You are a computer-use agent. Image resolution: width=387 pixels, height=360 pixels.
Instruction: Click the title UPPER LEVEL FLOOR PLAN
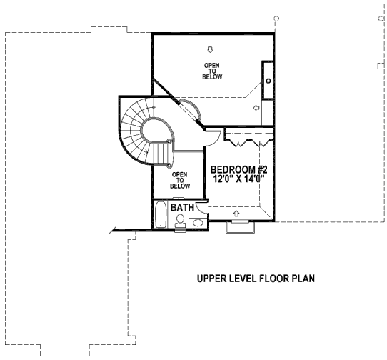pos(256,279)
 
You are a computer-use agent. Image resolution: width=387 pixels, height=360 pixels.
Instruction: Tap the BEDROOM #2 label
pos(239,169)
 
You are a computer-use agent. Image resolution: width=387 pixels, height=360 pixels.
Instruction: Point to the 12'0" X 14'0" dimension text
pos(239,179)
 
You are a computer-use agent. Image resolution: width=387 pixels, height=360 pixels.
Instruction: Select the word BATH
pos(182,208)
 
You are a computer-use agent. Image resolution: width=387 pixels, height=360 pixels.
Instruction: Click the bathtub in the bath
pos(161,214)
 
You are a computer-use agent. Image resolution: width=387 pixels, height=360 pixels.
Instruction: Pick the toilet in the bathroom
pos(180,221)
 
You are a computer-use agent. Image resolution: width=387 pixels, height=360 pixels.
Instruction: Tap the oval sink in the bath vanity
pos(198,223)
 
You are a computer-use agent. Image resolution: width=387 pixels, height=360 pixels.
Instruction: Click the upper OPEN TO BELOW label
pos(212,71)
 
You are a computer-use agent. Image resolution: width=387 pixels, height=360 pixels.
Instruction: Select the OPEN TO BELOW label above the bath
pos(180,181)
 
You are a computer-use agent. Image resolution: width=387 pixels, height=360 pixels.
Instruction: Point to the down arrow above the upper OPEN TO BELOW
pos(210,49)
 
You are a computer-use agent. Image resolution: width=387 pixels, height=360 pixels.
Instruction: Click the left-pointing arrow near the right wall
pos(256,108)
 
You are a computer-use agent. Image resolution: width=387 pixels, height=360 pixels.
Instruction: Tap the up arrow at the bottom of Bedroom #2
pos(236,214)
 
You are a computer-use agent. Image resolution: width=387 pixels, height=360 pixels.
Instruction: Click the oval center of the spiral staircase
pos(156,131)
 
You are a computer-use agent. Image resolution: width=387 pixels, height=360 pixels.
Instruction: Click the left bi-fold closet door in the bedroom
pos(239,143)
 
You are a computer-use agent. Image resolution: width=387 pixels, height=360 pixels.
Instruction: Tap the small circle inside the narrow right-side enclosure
pos(268,81)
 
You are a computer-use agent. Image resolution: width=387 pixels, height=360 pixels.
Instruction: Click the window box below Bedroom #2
pos(241,227)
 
